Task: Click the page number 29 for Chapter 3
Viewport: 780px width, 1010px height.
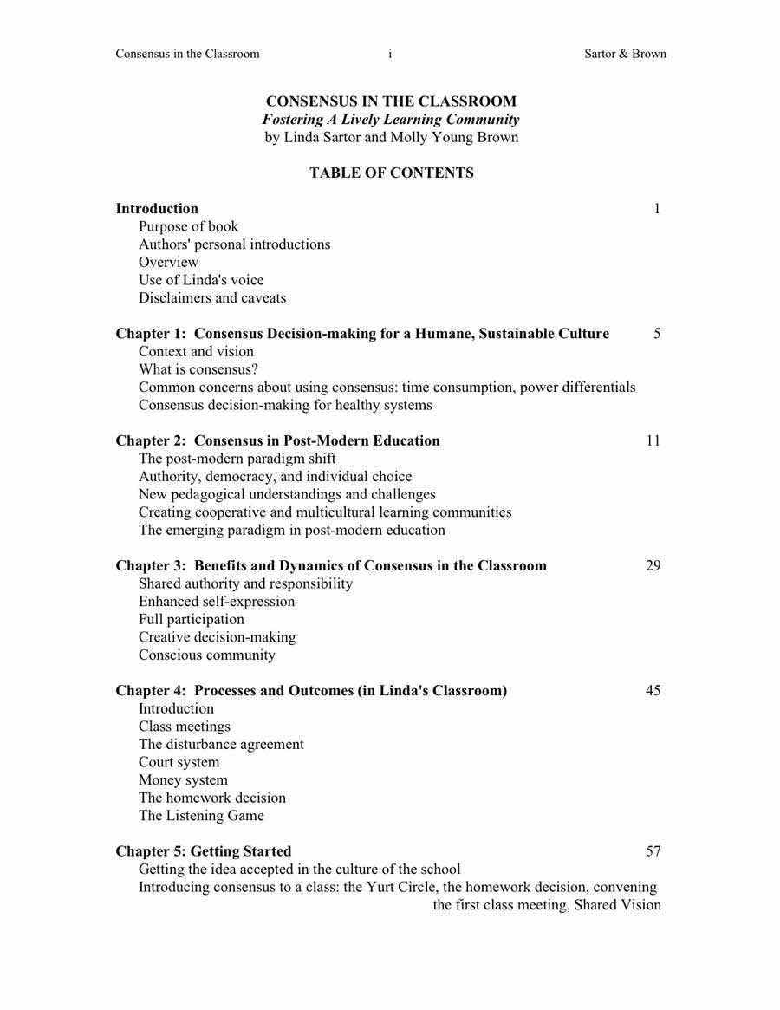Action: click(x=653, y=566)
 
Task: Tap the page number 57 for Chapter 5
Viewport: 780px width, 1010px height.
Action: click(x=653, y=851)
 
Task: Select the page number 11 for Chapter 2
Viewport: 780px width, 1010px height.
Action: click(x=653, y=440)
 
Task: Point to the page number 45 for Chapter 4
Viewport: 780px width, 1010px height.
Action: click(x=653, y=691)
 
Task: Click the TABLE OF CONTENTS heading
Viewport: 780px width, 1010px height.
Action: click(x=392, y=173)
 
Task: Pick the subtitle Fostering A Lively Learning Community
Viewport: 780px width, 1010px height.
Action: click(x=391, y=120)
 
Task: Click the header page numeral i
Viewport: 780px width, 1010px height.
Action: click(x=390, y=54)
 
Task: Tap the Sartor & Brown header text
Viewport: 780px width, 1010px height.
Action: click(x=625, y=54)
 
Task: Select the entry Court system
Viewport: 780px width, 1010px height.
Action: click(x=179, y=763)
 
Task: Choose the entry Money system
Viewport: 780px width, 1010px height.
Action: click(x=183, y=780)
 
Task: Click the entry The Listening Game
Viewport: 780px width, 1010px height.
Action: click(x=201, y=816)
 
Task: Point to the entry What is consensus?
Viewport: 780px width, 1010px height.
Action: click(x=198, y=369)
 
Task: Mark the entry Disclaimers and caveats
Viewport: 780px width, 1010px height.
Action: click(x=212, y=298)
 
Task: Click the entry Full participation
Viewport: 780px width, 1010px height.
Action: click(x=192, y=620)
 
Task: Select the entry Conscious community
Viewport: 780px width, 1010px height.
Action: click(x=207, y=655)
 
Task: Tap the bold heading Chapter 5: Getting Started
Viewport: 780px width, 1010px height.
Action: click(x=204, y=851)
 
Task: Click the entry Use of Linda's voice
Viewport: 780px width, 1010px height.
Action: click(x=201, y=280)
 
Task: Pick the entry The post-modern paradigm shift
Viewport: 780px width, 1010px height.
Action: click(x=237, y=459)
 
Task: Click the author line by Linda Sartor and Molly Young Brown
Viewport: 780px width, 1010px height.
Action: click(x=392, y=138)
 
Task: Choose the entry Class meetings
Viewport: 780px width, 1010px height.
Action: click(x=185, y=727)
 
